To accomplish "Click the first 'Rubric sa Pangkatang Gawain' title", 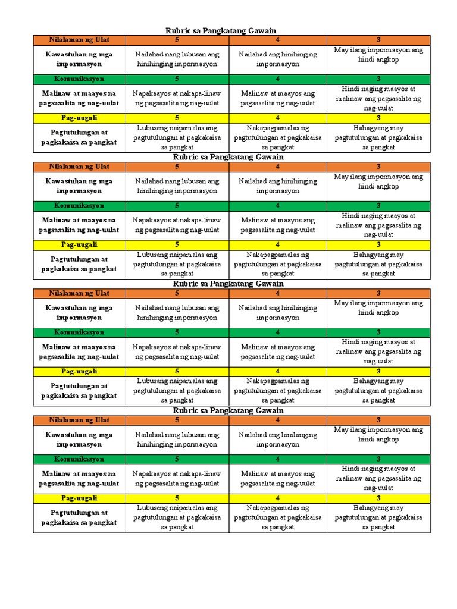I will coord(220,30).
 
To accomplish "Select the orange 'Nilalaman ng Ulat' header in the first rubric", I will coord(79,40).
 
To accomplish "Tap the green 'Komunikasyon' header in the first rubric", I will coord(79,79).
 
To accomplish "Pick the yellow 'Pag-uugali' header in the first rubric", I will coord(79,118).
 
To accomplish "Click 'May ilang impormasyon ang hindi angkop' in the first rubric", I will coord(378,55).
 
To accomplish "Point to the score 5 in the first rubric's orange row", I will coord(177,40).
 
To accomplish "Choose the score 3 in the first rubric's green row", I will coord(378,79).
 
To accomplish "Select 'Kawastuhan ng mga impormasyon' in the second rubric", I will coord(79,186).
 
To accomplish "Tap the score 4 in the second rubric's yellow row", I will coord(277,244).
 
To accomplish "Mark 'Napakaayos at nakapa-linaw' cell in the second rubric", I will coord(177,225).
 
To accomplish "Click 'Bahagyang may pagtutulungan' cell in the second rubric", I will coord(378,264).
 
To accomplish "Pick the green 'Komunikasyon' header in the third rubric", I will coord(79,332).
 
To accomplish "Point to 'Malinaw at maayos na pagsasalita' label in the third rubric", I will coord(79,351).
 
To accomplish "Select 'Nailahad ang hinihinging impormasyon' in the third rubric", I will coord(277,313).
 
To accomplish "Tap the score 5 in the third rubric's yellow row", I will coord(177,371).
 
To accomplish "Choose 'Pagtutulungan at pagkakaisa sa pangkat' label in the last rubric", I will coord(79,517).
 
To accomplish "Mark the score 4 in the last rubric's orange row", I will coord(277,420).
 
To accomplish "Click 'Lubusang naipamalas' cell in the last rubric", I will coord(177,517).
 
